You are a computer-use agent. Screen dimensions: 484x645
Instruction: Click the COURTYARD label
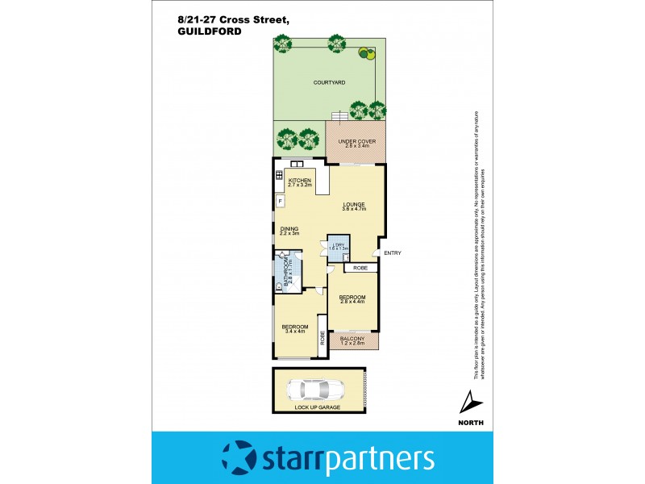tap(329, 82)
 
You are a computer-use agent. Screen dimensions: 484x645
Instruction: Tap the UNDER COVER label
tap(355, 141)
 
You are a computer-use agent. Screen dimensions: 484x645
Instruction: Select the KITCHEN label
tap(300, 181)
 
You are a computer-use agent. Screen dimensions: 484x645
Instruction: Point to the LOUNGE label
tap(354, 204)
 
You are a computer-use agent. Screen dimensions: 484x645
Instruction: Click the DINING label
tap(289, 229)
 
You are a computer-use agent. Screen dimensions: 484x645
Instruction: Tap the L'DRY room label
tap(339, 244)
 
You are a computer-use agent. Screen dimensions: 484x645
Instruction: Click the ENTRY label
tap(393, 253)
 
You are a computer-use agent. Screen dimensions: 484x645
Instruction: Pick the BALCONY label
tap(352, 339)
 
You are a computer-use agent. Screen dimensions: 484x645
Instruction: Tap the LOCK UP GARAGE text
tap(318, 408)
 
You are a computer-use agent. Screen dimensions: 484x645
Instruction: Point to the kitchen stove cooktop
tap(279, 175)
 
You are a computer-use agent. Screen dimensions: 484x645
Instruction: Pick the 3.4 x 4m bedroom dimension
tap(294, 332)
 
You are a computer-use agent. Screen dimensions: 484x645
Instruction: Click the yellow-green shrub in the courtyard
tap(367, 55)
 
